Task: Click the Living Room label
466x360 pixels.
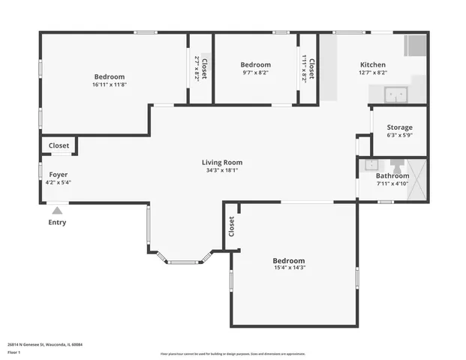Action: pos(222,162)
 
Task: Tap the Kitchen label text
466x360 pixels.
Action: pos(373,65)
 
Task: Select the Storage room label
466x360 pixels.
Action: pos(399,127)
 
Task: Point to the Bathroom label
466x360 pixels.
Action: pos(392,175)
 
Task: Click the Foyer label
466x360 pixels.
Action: pos(48,174)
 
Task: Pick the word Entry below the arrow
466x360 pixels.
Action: pos(57,222)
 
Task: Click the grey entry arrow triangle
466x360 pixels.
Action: pos(57,211)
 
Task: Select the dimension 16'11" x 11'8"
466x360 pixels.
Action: pos(110,85)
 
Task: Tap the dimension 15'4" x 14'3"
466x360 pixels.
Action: pos(289,268)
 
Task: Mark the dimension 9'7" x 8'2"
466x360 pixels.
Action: pos(255,73)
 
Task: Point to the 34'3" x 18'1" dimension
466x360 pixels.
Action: pos(222,170)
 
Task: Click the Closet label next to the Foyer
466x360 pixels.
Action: pos(59,145)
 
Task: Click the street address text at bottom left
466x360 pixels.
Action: pos(45,344)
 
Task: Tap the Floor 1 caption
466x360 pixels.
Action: pos(14,352)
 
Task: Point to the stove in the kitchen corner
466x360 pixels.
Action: pos(415,46)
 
